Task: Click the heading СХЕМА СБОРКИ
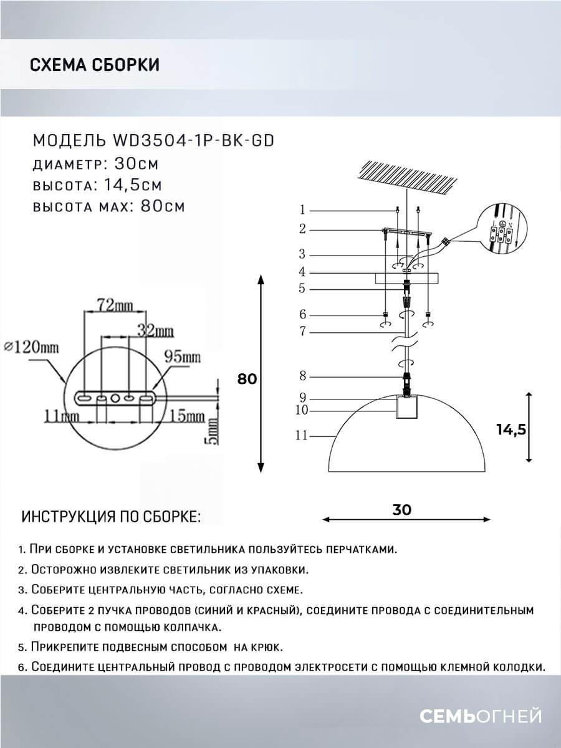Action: coord(94,65)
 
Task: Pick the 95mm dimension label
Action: coord(182,357)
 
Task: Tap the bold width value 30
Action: coord(402,509)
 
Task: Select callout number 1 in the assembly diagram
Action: coord(302,209)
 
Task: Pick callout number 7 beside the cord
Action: coord(302,332)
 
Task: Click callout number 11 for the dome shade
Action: coord(302,436)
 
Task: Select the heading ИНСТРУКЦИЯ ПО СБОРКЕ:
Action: coord(111,517)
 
